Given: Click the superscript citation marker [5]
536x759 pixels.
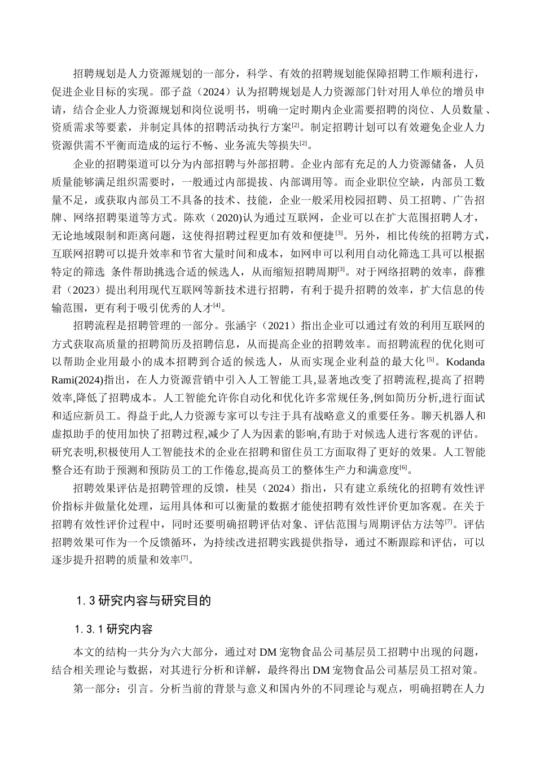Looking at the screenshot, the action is coord(430,360).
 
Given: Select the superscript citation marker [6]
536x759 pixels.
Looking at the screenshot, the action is coord(403,468).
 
